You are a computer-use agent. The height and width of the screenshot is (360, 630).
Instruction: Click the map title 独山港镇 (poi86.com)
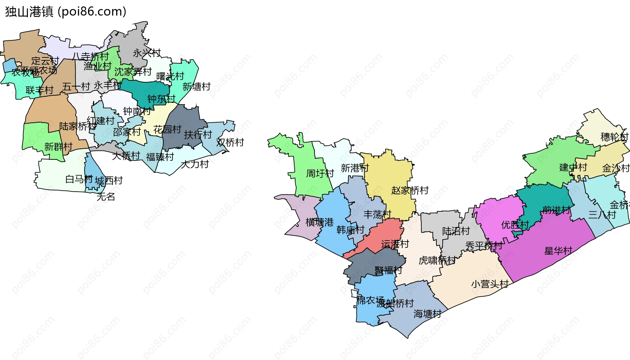[x=66, y=12]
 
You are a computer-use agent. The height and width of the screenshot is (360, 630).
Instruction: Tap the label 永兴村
[x=147, y=53]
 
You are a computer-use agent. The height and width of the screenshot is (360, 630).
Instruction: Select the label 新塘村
[x=197, y=87]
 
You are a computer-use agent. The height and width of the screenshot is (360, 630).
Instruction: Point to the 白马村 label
[x=79, y=179]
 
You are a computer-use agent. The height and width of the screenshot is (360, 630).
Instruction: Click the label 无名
[x=106, y=197]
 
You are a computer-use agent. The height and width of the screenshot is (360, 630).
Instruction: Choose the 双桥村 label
[x=230, y=142]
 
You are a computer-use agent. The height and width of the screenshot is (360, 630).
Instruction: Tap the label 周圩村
[x=320, y=173]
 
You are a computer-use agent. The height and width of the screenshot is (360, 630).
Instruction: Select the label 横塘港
[x=319, y=222]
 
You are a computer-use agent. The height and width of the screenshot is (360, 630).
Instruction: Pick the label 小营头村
[x=490, y=284]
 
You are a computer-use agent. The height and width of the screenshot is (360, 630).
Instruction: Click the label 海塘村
[x=428, y=314]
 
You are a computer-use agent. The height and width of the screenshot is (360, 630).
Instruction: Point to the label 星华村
[x=558, y=251]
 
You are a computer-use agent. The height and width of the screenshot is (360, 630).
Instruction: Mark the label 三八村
[x=602, y=215]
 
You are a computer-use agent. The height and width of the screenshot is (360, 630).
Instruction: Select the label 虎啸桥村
[x=437, y=261]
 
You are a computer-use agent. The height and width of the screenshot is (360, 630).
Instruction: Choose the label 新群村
[x=58, y=147]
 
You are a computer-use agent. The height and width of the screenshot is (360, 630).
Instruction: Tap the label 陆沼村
[x=456, y=231]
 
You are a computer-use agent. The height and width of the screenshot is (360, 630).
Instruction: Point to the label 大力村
[x=195, y=164]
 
